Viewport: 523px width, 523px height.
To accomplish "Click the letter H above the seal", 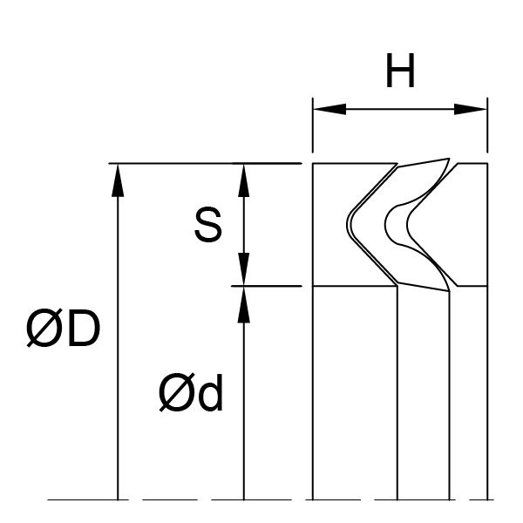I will click(400, 74).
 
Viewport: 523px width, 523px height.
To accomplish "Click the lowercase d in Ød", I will click(210, 396).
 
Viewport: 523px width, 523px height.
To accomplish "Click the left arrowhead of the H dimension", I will click(326, 110).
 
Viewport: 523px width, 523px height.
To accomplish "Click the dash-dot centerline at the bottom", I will click(261, 499).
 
